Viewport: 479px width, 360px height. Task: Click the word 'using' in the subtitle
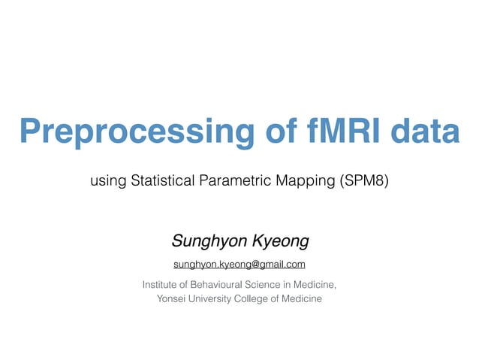click(x=107, y=181)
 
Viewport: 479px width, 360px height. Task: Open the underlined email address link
click(x=239, y=265)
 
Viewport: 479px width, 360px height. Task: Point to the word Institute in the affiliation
click(x=163, y=284)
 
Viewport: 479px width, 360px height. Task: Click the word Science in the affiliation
click(x=276, y=284)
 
